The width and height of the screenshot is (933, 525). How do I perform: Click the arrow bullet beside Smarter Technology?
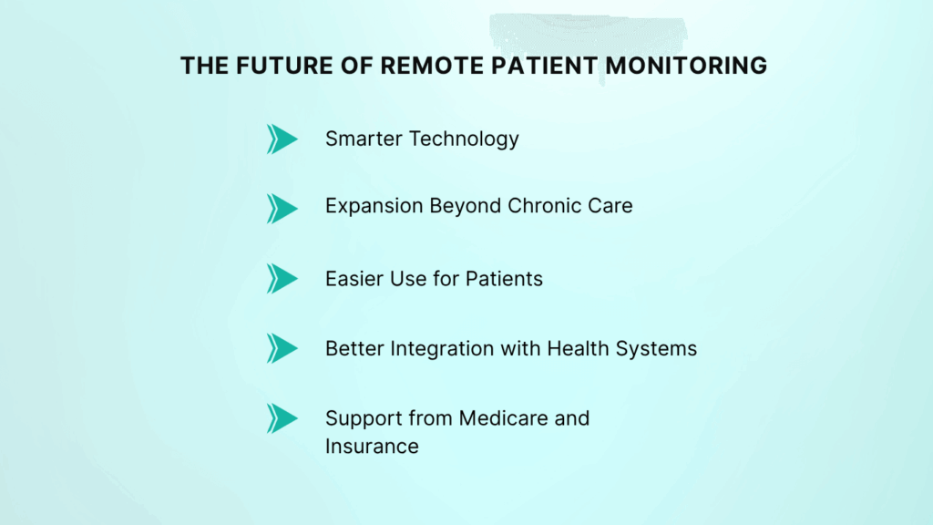pos(282,139)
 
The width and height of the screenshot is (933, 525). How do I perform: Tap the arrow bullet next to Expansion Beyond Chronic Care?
pos(282,208)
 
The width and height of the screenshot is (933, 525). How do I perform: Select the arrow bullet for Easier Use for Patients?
pos(282,278)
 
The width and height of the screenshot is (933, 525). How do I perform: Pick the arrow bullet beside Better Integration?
pos(282,347)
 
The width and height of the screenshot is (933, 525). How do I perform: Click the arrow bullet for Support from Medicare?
pos(282,417)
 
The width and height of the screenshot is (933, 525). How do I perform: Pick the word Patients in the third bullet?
pos(504,279)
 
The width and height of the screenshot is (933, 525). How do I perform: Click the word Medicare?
pos(504,418)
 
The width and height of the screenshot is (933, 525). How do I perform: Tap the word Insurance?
pos(372,447)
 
